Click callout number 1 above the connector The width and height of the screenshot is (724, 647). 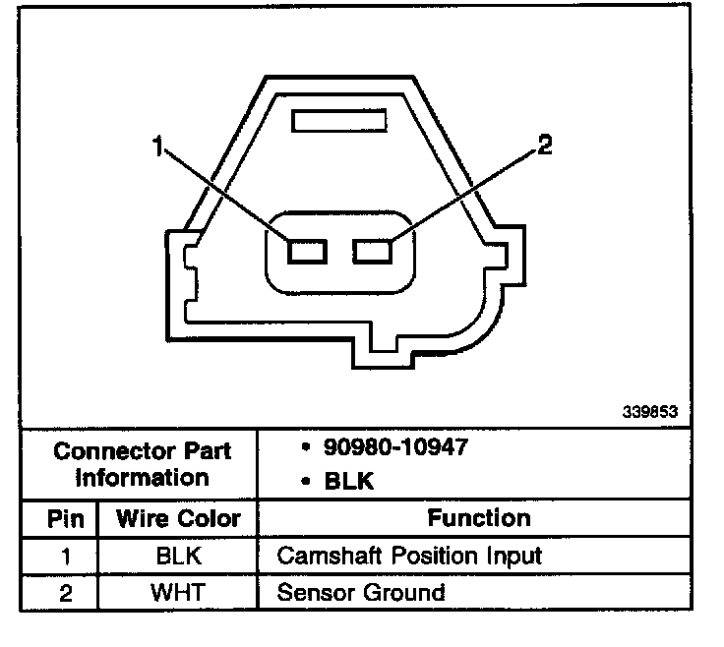pos(158,148)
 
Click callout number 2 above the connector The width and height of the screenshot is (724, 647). pos(544,147)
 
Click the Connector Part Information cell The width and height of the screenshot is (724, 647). pos(144,465)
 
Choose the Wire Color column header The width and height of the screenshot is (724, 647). pos(178,518)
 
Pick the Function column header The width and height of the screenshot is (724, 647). pos(479,517)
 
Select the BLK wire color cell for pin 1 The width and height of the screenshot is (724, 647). pos(178,556)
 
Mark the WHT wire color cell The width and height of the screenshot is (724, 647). pos(178,592)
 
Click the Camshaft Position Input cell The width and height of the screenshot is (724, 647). pos(409,556)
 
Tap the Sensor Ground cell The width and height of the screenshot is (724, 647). pos(361,592)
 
